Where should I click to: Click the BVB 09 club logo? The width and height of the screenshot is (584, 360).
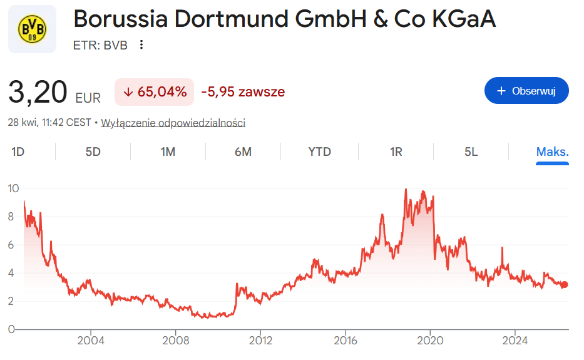coord(32,29)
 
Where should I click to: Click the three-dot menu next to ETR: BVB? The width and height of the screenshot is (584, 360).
coord(141,44)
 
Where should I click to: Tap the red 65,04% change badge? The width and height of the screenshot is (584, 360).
coord(155,92)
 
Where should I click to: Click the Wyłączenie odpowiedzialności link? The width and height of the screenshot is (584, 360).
coord(173,123)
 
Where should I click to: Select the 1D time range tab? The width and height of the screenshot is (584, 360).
coord(18,152)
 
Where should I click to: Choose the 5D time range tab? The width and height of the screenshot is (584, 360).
coord(93,152)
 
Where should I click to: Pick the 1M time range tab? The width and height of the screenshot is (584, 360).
coord(168,152)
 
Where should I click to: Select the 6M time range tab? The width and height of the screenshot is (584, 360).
coord(243,152)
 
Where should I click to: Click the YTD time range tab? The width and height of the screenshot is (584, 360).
coord(319,152)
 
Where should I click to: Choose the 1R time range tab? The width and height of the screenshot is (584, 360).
coord(396,152)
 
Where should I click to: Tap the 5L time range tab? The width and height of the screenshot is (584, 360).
coord(471,152)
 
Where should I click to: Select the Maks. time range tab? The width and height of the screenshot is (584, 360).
coord(552,152)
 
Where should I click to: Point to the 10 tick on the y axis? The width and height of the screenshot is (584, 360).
coord(13,188)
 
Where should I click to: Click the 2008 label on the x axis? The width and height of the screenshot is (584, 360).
coord(175,341)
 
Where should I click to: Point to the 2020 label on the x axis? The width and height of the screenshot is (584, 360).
coord(430,341)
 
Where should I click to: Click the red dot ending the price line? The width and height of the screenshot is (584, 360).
coord(564,285)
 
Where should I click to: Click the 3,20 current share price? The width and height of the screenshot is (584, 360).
coord(38,93)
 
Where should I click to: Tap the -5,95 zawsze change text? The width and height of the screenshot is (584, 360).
coord(243,92)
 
